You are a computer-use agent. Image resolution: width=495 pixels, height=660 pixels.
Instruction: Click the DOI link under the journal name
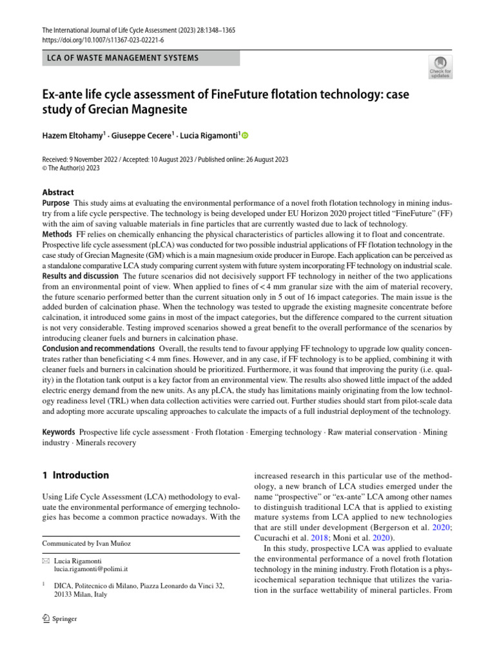[x=102, y=40]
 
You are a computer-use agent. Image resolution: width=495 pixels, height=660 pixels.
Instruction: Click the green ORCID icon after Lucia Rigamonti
[x=245, y=136]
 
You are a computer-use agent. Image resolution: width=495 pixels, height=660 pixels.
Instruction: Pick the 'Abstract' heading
[x=58, y=192]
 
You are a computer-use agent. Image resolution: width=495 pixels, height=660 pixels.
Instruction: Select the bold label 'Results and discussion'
[x=81, y=276]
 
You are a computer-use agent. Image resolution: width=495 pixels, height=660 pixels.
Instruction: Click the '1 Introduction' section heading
[x=75, y=476]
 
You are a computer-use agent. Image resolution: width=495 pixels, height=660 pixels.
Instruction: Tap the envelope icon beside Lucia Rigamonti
[x=45, y=561]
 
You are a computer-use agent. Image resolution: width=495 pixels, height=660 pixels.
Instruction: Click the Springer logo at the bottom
[x=59, y=619]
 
